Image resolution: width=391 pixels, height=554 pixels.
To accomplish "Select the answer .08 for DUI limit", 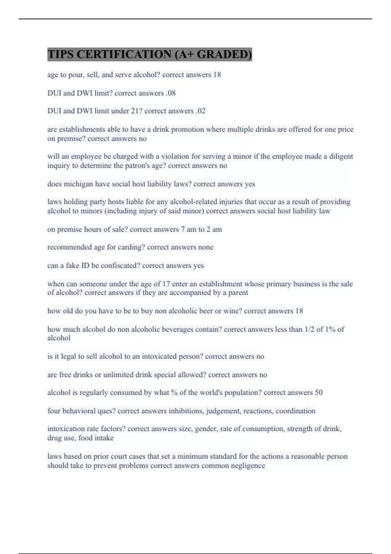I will point(171,93).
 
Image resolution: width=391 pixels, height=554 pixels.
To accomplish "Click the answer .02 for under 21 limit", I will point(201,111).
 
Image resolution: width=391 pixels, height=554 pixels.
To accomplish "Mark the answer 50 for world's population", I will point(318,393).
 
